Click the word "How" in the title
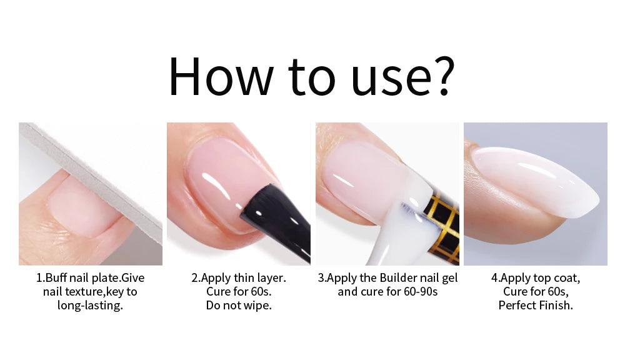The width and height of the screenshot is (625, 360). coord(221,76)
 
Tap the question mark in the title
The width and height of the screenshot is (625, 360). coord(443,76)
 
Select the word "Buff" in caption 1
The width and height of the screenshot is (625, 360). coord(56,278)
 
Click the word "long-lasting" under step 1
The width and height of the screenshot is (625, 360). coord(89,306)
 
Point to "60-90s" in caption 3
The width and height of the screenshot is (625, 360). coord(421,292)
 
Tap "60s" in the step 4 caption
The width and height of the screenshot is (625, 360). coord(557,292)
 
